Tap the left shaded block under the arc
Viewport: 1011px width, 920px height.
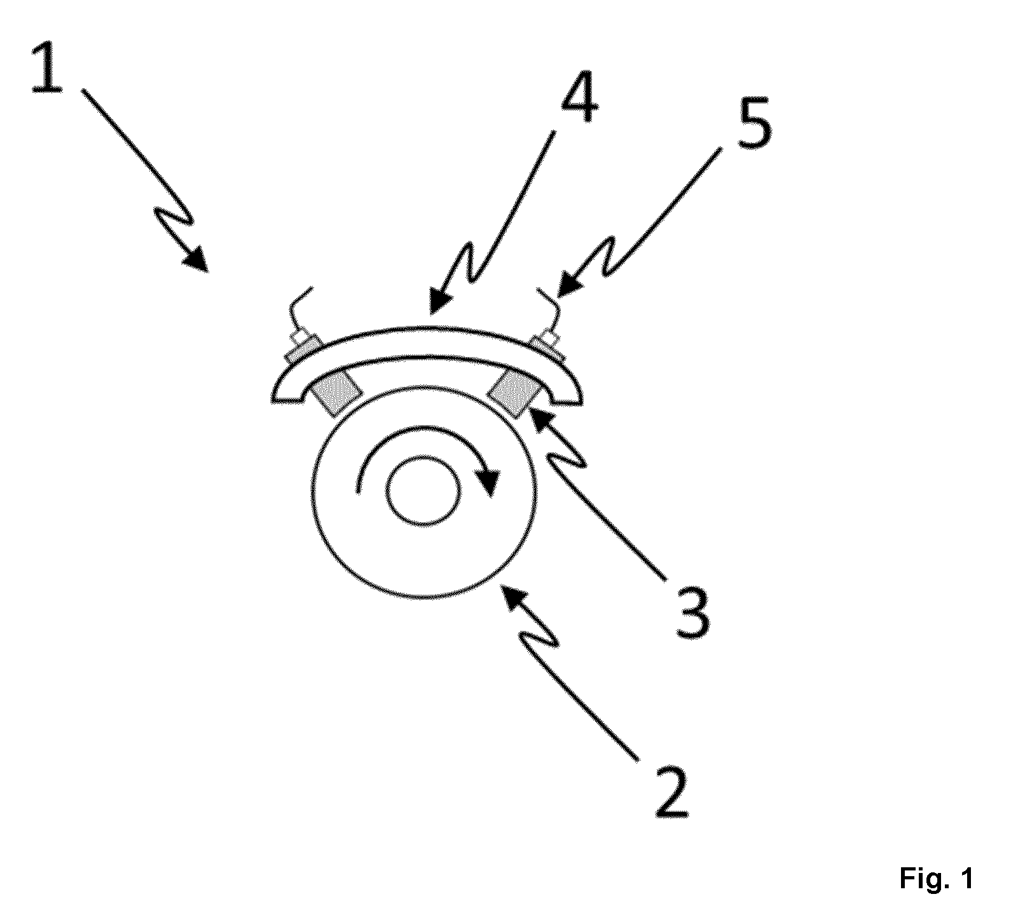coord(335,393)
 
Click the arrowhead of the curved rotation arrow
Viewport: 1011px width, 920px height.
coord(488,483)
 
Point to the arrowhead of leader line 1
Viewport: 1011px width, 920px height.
coord(197,260)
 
